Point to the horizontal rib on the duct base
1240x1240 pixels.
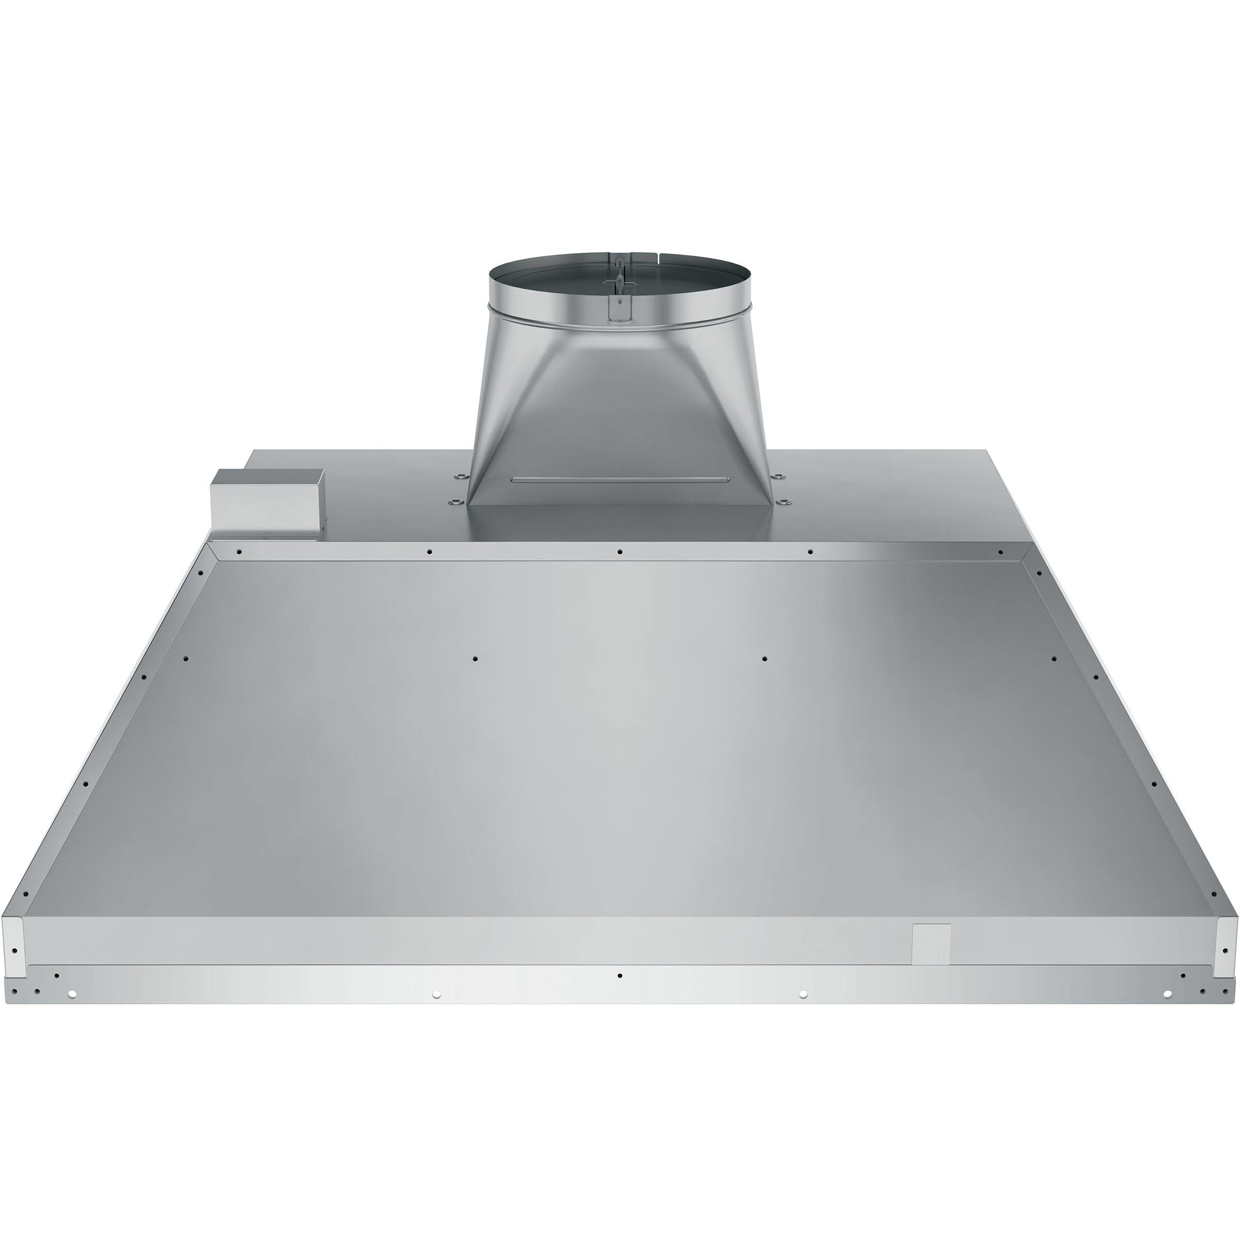pyautogui.click(x=619, y=479)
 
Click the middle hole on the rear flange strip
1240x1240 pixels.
pyautogui.click(x=620, y=551)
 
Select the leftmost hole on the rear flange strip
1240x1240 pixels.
pyautogui.click(x=239, y=551)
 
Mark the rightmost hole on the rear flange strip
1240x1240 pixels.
pyautogui.click(x=1000, y=551)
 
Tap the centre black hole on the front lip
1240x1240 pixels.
pyautogui.click(x=619, y=994)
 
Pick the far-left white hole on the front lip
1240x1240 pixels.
pyautogui.click(x=71, y=1012)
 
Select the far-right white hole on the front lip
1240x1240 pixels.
pyautogui.click(x=1167, y=1012)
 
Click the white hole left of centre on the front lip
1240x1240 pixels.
pyautogui.click(x=437, y=1012)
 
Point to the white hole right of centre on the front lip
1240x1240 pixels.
pyautogui.click(x=802, y=1012)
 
